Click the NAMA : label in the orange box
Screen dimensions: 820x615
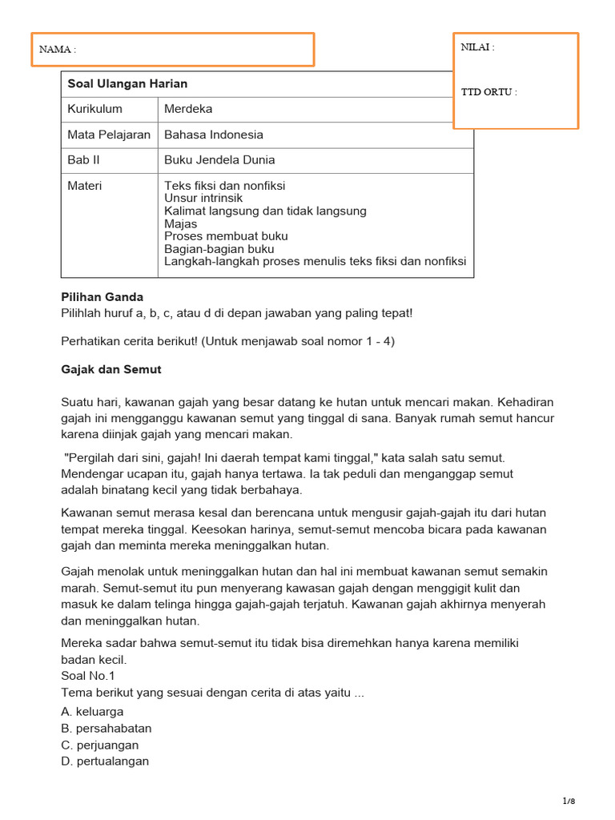click(58, 50)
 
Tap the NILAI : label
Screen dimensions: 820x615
click(478, 46)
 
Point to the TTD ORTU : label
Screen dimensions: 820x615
click(489, 91)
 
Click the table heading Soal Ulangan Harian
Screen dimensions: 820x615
click(127, 83)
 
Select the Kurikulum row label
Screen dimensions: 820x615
click(95, 109)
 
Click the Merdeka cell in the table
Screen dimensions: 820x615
click(188, 109)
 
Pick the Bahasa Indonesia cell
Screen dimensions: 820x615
click(213, 135)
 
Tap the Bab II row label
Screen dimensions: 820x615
click(84, 160)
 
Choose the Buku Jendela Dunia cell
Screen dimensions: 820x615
click(219, 160)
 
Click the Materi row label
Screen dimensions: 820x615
click(85, 186)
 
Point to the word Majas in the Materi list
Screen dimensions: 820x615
click(180, 224)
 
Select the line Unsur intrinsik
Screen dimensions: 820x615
click(203, 199)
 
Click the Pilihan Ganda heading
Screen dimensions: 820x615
click(102, 297)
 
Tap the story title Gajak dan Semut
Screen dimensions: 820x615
click(111, 369)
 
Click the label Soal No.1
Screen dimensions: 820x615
click(88, 675)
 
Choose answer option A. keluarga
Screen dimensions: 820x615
click(92, 711)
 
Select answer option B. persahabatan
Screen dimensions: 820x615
click(107, 728)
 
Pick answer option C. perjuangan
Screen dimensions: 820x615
click(100, 745)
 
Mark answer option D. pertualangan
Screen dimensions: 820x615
click(105, 762)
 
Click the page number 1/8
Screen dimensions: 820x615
click(569, 801)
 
